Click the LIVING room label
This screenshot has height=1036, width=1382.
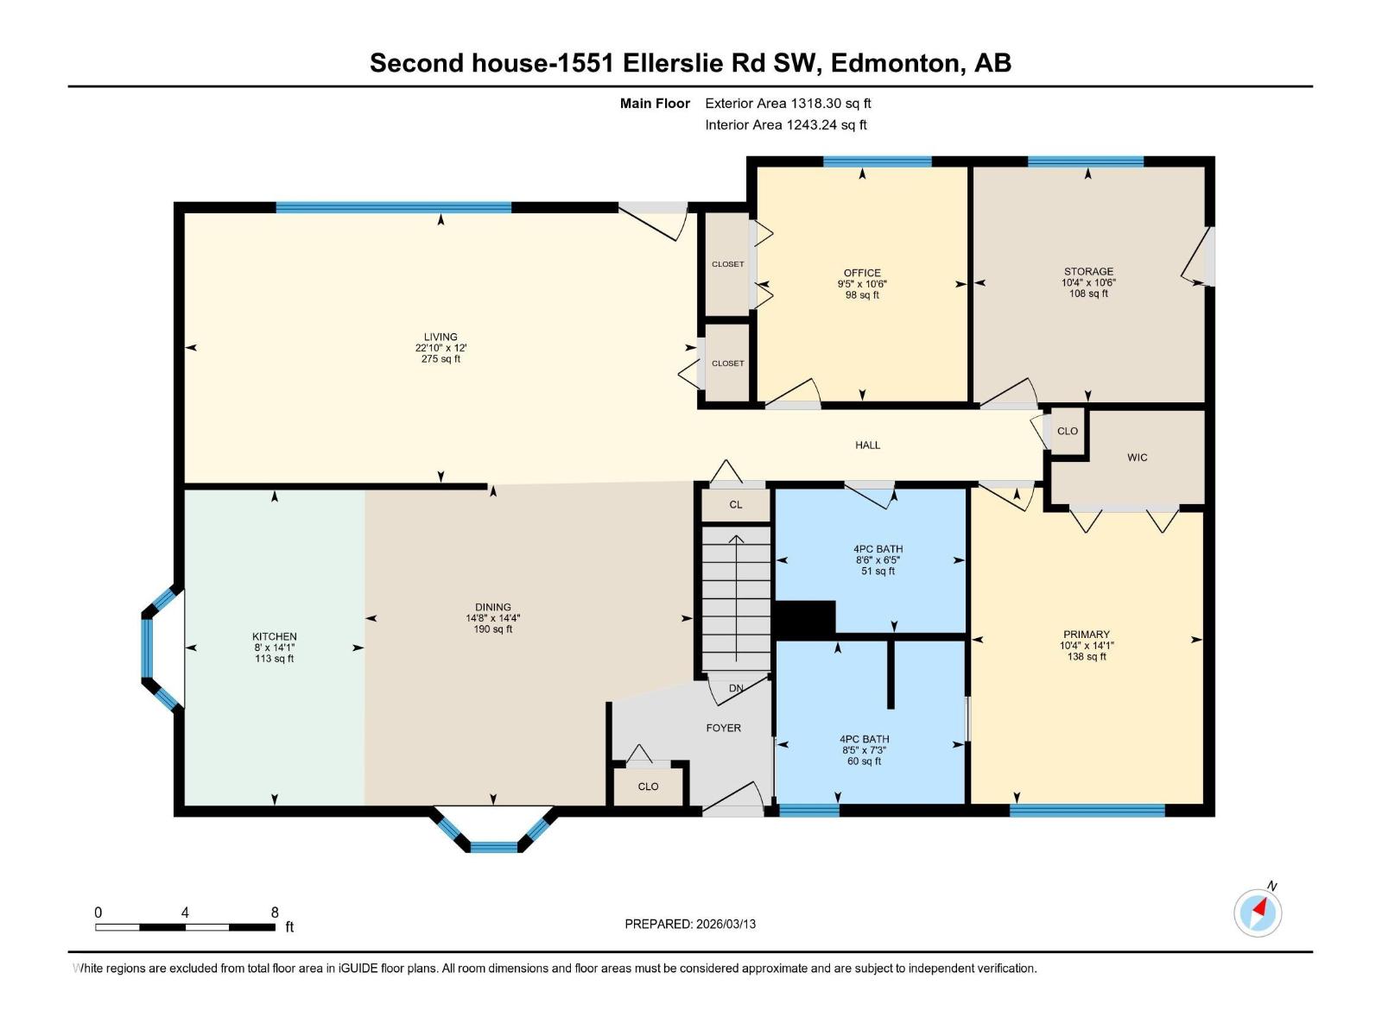[441, 337]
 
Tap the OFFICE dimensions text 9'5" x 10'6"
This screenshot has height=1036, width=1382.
[862, 284]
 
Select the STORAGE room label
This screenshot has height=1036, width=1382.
[1088, 271]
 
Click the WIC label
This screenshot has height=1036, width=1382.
[1137, 458]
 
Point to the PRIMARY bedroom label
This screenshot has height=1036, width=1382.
[1087, 634]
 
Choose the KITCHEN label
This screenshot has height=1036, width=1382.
[275, 636]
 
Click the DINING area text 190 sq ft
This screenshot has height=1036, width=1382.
[492, 629]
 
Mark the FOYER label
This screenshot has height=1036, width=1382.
[723, 728]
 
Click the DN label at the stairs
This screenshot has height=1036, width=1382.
[736, 688]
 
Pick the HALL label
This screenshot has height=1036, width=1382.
[867, 445]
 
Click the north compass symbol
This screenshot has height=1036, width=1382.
[1258, 912]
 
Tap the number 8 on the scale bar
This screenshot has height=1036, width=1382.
[275, 913]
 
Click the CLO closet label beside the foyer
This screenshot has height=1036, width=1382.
[648, 786]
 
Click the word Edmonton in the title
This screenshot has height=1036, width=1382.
[898, 63]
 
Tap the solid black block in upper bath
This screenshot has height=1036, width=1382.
[805, 618]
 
